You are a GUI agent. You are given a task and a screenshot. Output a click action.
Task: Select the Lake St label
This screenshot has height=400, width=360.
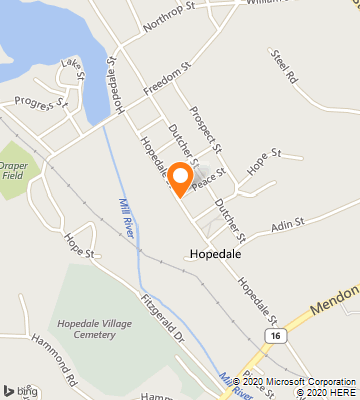[x=71, y=67]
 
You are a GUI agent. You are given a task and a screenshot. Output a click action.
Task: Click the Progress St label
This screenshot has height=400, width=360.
[x=41, y=101]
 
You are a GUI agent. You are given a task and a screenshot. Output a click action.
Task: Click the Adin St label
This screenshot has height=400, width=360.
[x=287, y=226]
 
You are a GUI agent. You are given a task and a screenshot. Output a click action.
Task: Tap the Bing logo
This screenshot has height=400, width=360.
[x=21, y=389]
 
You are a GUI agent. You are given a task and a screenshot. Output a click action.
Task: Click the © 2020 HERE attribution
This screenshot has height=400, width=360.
[x=323, y=392]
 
